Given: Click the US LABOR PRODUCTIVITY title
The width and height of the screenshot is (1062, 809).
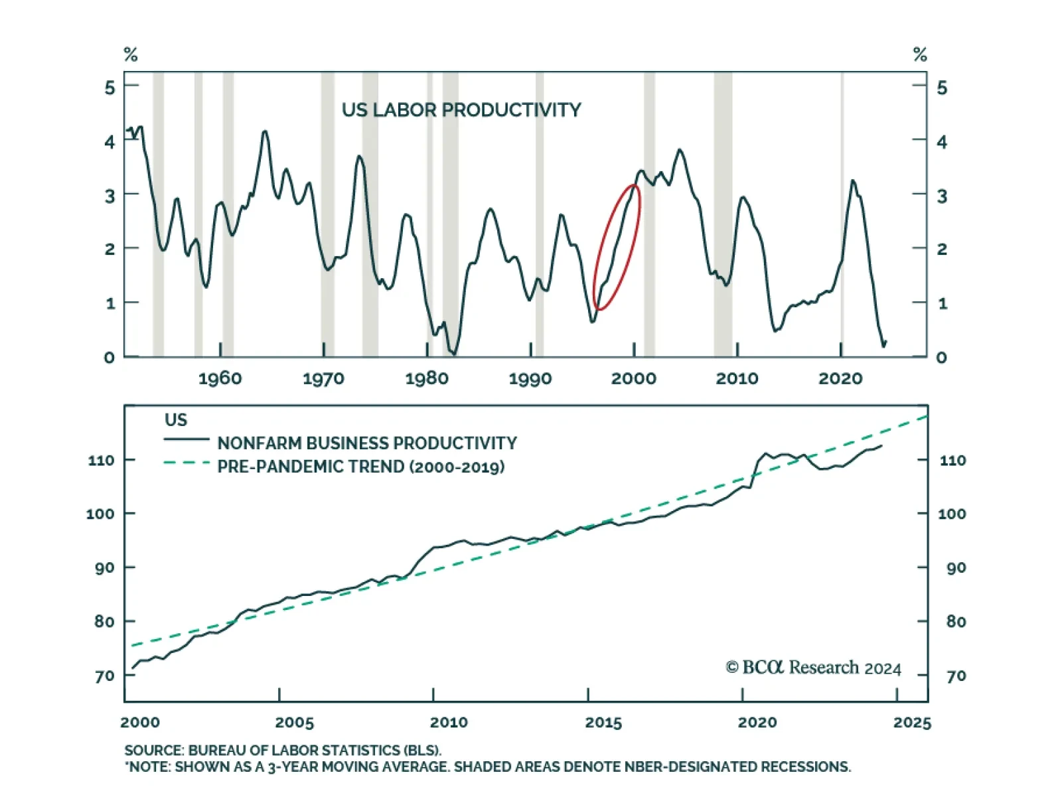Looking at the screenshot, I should [x=461, y=110].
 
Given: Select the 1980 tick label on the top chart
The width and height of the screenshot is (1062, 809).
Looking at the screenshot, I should [x=427, y=379].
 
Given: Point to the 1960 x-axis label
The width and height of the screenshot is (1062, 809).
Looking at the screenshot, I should [x=220, y=379].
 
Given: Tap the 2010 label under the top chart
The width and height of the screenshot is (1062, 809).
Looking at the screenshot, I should [x=737, y=379].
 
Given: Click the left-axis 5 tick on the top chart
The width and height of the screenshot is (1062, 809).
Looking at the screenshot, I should [x=110, y=88].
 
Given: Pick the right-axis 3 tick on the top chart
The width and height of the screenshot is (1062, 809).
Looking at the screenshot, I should [x=942, y=196].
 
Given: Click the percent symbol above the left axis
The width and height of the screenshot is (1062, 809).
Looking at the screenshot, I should [x=131, y=54].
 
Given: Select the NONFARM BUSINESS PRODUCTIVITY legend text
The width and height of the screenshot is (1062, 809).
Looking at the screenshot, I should [x=367, y=443].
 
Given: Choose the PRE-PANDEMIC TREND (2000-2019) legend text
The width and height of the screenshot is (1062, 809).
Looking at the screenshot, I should [x=360, y=467].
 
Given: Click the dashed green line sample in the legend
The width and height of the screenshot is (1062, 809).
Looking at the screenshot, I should [x=187, y=463].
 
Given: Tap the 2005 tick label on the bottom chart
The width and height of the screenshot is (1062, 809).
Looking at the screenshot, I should [x=294, y=723].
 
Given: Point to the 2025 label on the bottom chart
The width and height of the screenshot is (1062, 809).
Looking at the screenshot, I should [x=912, y=723].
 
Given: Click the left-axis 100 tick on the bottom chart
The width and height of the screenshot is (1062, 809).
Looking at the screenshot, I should [x=100, y=514].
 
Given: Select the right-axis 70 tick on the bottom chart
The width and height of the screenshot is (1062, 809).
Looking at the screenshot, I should [x=956, y=676].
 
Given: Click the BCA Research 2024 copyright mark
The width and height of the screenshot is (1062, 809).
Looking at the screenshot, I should [x=813, y=668].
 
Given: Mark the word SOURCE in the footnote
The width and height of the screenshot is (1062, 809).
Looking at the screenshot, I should [x=153, y=751].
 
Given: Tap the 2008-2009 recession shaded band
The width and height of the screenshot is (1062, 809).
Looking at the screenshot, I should [x=723, y=212].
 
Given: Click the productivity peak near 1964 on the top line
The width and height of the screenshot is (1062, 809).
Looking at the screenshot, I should [x=265, y=131].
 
